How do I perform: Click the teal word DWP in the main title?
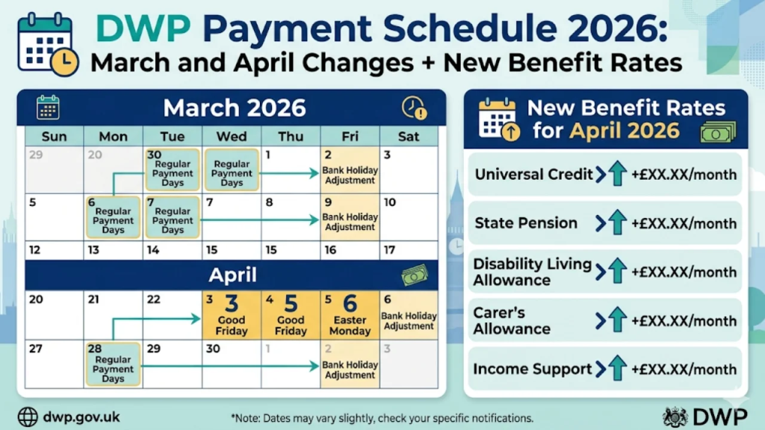[x=143, y=29]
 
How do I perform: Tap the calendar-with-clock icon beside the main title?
[x=47, y=45]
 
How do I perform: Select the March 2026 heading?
[x=234, y=107]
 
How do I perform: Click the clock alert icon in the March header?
[x=414, y=107]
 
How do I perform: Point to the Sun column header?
[x=54, y=137]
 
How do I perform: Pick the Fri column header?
[x=350, y=137]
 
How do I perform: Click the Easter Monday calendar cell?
[x=350, y=315]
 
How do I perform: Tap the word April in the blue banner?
[x=232, y=275]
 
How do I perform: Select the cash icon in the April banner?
[x=414, y=275]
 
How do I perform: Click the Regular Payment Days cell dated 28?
[x=113, y=364]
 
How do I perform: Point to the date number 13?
[x=93, y=250]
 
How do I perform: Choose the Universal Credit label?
[x=533, y=174]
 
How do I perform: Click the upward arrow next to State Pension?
[x=617, y=222]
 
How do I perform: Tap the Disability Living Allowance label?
[x=532, y=272]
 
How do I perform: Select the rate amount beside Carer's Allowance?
[x=684, y=321]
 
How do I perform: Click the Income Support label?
[x=532, y=369]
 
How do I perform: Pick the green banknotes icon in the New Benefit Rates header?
[x=718, y=132]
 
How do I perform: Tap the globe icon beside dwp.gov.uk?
[x=28, y=417]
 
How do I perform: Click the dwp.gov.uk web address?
[x=81, y=417]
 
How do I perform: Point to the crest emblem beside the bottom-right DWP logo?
[x=675, y=417]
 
